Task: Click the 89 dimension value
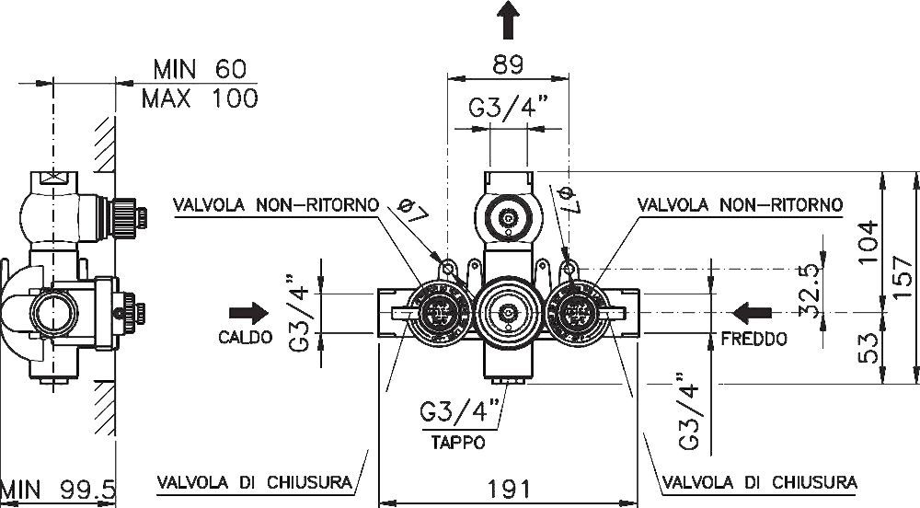pyautogui.click(x=507, y=64)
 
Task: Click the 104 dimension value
pyautogui.click(x=869, y=242)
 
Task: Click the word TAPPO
pyautogui.click(x=458, y=442)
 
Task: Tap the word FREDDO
pyautogui.click(x=754, y=339)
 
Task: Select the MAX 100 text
pyautogui.click(x=199, y=98)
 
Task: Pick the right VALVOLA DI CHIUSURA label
pyautogui.click(x=759, y=481)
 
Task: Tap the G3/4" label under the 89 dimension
pyautogui.click(x=508, y=109)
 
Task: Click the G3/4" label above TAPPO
pyautogui.click(x=460, y=410)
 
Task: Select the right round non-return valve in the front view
pyautogui.click(x=577, y=312)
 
